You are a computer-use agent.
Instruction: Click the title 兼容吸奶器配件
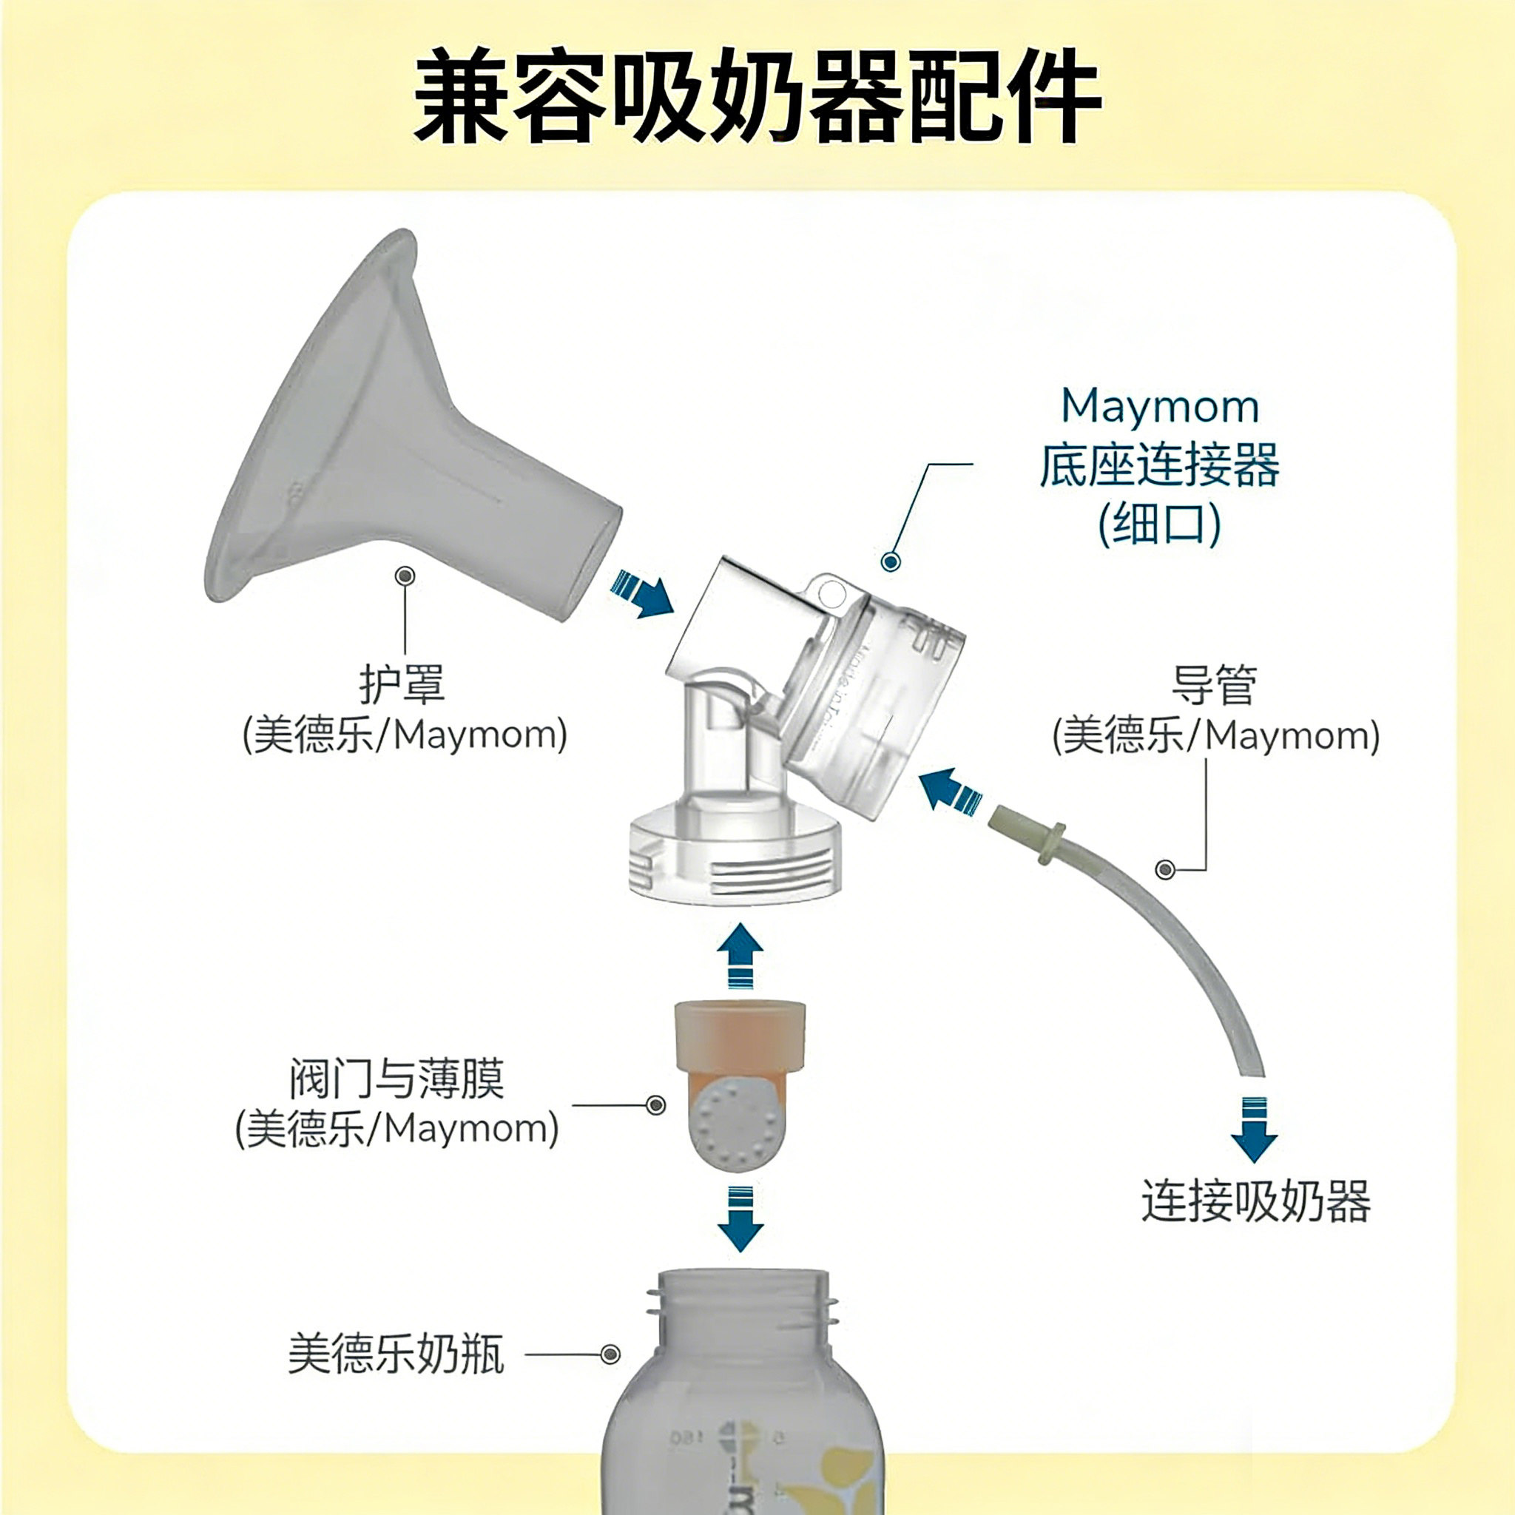coord(757,95)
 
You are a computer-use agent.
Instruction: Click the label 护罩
coord(402,684)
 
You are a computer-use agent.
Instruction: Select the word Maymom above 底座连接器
coord(1160,407)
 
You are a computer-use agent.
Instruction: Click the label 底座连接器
coord(1160,465)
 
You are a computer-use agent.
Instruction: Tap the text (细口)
coord(1160,523)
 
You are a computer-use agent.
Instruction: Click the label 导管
coord(1215,684)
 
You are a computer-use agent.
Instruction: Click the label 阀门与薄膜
coord(397,1079)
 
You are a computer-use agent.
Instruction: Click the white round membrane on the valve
coord(735,1127)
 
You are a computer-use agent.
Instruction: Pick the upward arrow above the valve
coord(740,954)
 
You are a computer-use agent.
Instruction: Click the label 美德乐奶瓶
coord(396,1354)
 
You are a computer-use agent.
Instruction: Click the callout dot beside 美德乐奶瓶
coord(610,1354)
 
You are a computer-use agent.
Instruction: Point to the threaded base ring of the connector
coord(735,863)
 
